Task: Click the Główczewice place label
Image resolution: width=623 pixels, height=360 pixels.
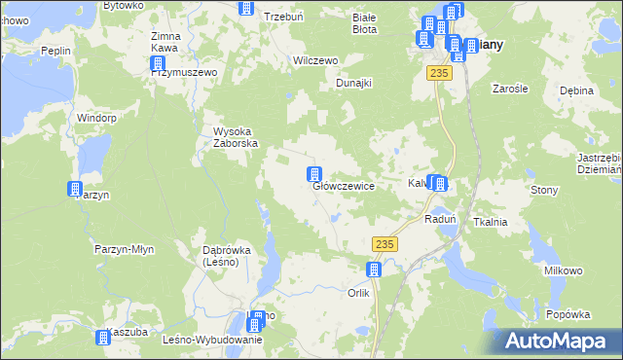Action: point(344,187)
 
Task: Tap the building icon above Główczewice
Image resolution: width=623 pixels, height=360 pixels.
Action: point(314,175)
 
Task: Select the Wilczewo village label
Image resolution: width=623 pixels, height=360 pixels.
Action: point(315,60)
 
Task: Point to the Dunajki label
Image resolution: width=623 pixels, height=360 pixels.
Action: point(354,84)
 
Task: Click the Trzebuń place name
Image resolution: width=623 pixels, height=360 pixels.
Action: point(284,18)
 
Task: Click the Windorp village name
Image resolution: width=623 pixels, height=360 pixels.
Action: point(96,118)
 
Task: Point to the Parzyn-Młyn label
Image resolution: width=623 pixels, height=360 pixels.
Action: point(125,249)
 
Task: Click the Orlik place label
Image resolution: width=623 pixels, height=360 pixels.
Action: point(359,293)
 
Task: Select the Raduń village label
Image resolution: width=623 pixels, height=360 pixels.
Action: point(441,220)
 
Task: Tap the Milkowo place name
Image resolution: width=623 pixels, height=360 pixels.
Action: point(563,270)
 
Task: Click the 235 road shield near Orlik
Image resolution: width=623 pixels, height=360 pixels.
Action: point(385,243)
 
